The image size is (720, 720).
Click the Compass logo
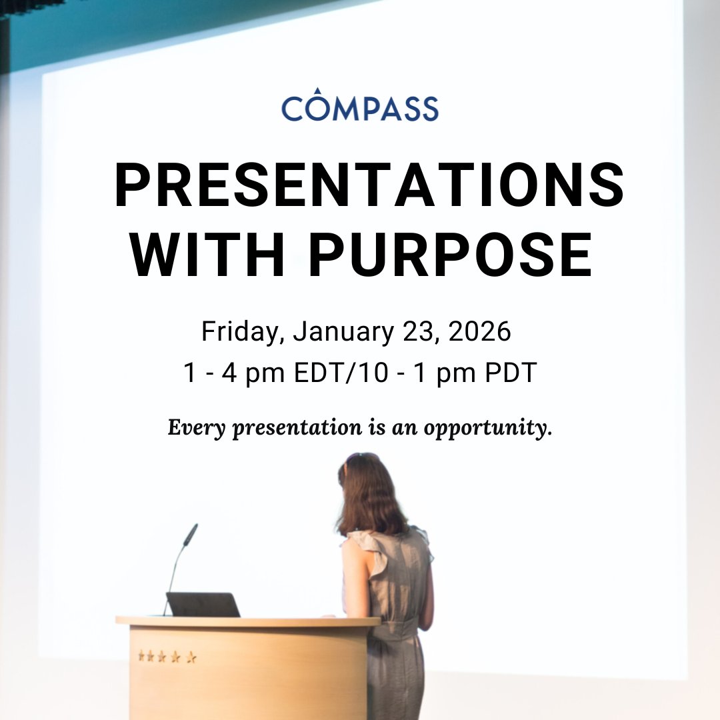coord(360,104)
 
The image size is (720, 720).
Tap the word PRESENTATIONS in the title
coord(369,185)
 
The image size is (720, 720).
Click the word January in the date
coord(343,331)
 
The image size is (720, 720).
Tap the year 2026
coord(479,331)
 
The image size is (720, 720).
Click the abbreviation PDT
coord(511,373)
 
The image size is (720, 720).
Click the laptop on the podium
coord(203,605)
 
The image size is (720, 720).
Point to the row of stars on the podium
coord(167,657)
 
